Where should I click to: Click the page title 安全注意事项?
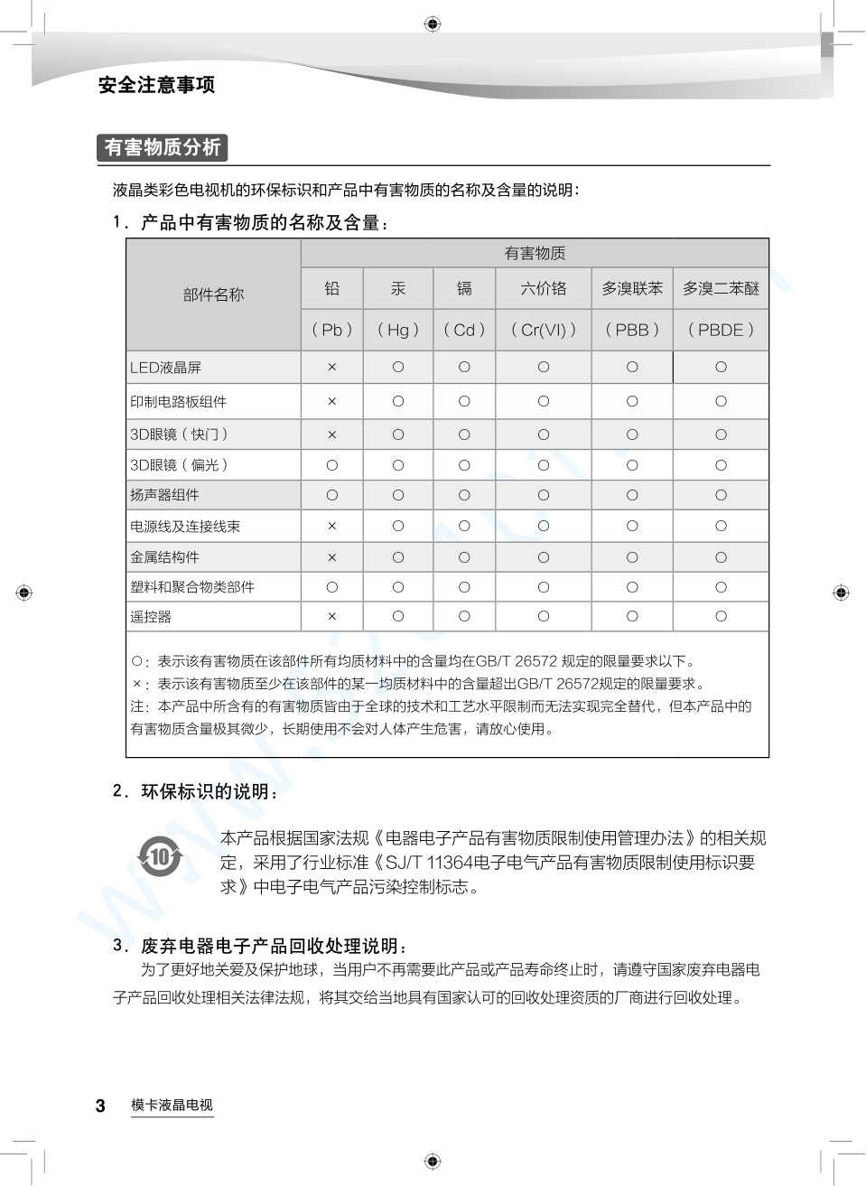(156, 85)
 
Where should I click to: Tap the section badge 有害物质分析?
(163, 147)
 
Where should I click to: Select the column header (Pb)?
(332, 330)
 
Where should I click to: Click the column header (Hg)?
(398, 330)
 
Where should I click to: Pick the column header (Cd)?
(464, 330)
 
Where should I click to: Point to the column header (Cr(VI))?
(544, 330)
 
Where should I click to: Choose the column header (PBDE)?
(721, 330)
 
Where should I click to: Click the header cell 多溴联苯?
(632, 288)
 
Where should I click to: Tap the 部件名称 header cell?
(213, 294)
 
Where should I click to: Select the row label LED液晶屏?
(166, 368)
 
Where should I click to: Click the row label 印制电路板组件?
(179, 402)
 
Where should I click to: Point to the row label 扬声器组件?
(165, 495)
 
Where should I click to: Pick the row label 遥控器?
(151, 617)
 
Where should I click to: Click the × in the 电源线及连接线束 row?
(332, 526)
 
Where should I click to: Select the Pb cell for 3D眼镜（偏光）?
(332, 465)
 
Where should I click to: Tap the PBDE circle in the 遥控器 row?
(721, 616)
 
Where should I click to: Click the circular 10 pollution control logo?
(160, 855)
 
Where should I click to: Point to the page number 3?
(100, 1106)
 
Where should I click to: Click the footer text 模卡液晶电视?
(172, 1105)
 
